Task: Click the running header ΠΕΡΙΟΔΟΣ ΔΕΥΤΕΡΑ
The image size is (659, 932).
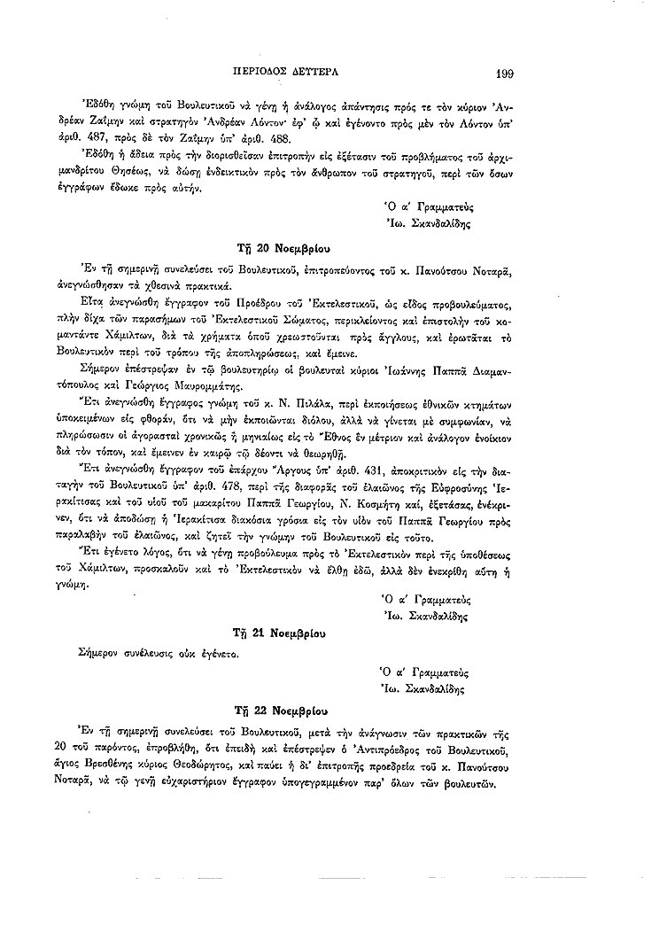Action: click(x=283, y=71)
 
